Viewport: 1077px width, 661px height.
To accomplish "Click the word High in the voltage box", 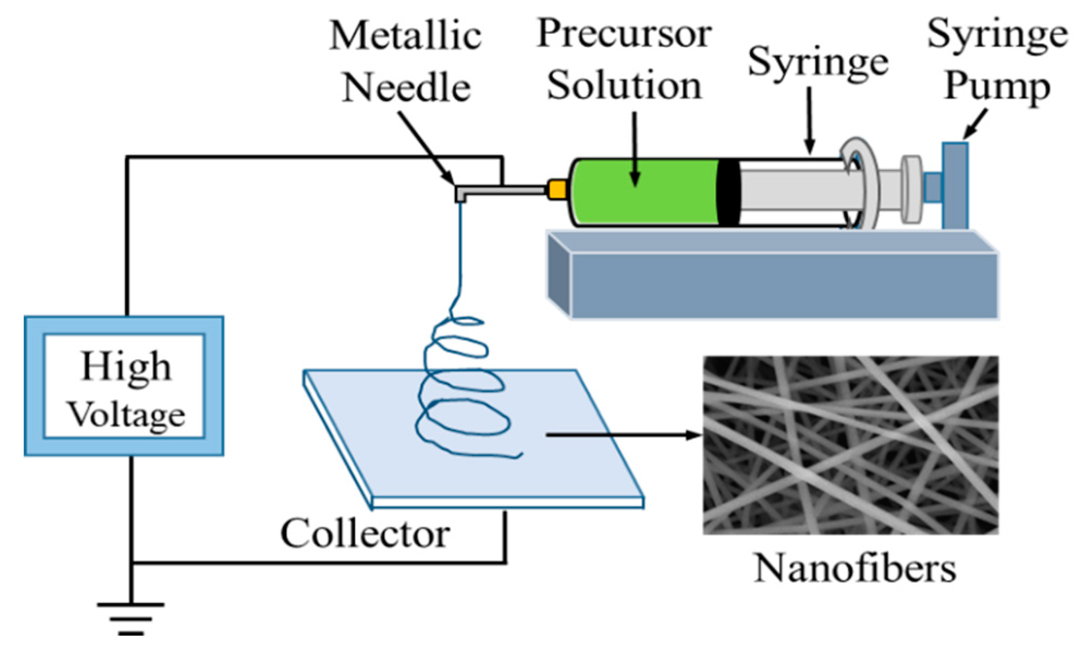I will [x=126, y=367].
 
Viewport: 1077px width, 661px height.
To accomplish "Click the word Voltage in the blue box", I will [x=126, y=415].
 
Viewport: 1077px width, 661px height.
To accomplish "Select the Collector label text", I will [x=365, y=533].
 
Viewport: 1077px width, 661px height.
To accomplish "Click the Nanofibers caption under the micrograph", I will [x=854, y=569].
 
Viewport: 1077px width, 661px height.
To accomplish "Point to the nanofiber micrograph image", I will [x=851, y=444].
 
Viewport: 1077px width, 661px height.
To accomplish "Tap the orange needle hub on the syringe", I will [x=557, y=189].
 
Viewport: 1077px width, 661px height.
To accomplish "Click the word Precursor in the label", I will [x=624, y=34].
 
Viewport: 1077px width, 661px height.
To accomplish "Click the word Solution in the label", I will [x=624, y=85].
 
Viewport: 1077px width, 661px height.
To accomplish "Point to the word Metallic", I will [x=405, y=36].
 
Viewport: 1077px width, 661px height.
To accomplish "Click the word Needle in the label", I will [x=406, y=87].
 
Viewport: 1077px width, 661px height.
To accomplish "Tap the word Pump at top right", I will [x=997, y=85].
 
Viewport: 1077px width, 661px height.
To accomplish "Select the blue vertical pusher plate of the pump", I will [x=955, y=185].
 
